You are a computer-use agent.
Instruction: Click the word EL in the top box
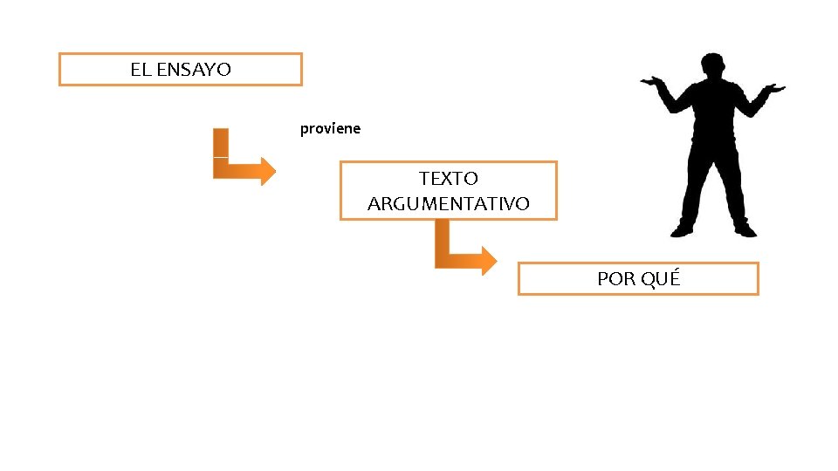(140, 70)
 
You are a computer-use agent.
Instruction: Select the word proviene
(330, 129)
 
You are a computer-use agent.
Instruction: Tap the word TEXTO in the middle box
(449, 179)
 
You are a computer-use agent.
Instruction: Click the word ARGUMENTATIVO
(449, 204)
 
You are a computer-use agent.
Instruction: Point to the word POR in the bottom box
(616, 279)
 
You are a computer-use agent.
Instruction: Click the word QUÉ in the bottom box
(661, 278)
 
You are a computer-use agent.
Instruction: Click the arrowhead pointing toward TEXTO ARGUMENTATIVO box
(264, 171)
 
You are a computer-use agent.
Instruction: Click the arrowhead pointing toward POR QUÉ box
(486, 260)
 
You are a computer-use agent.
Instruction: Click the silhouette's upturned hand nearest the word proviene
(650, 83)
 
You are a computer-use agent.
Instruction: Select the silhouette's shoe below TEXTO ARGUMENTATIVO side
(682, 230)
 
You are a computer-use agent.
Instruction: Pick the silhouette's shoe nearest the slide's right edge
(745, 230)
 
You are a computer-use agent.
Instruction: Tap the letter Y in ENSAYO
(210, 70)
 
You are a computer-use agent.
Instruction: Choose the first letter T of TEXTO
(424, 179)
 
